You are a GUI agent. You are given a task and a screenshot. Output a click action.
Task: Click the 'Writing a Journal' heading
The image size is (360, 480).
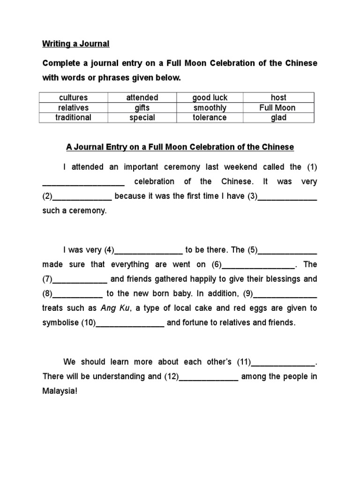75,44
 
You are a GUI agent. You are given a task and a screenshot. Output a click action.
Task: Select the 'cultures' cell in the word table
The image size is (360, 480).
73,97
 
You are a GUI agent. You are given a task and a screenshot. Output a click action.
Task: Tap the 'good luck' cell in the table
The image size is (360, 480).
210,97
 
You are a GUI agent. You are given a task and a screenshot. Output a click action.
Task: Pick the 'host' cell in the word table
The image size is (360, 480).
278,97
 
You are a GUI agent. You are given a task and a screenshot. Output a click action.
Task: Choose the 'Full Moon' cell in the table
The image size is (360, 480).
278,108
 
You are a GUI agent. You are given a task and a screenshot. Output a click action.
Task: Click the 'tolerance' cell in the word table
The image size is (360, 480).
210,118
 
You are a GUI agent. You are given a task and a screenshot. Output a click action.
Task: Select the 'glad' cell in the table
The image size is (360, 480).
278,118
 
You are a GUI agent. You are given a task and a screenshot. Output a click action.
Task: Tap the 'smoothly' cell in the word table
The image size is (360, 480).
210,108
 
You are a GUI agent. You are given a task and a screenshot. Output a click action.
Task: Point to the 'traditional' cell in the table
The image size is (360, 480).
73,118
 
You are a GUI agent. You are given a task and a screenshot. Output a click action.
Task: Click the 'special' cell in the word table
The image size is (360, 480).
142,118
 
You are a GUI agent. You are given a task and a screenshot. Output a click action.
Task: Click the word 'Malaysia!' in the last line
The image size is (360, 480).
59,391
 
